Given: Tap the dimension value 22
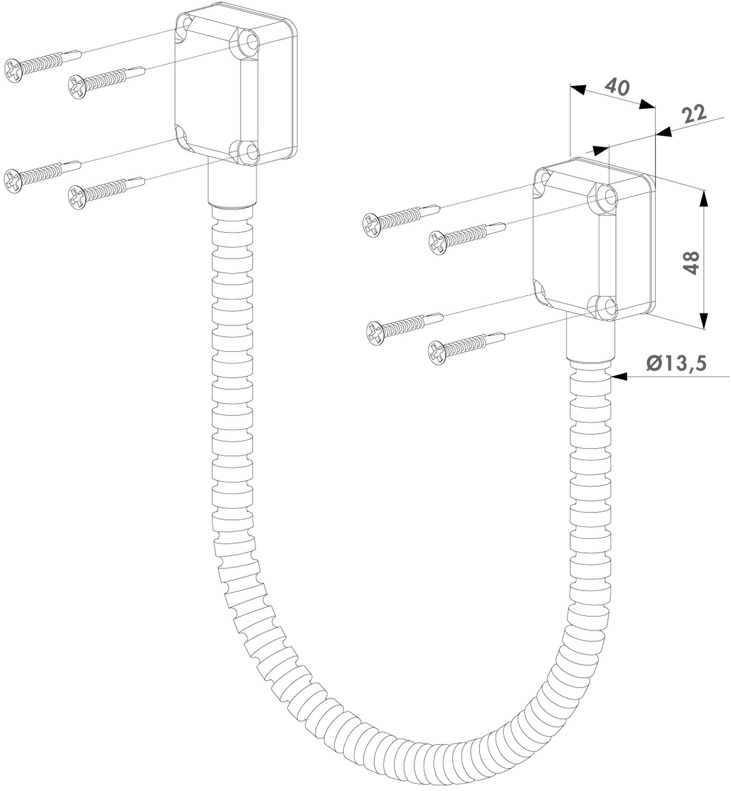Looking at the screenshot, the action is (x=694, y=114).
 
